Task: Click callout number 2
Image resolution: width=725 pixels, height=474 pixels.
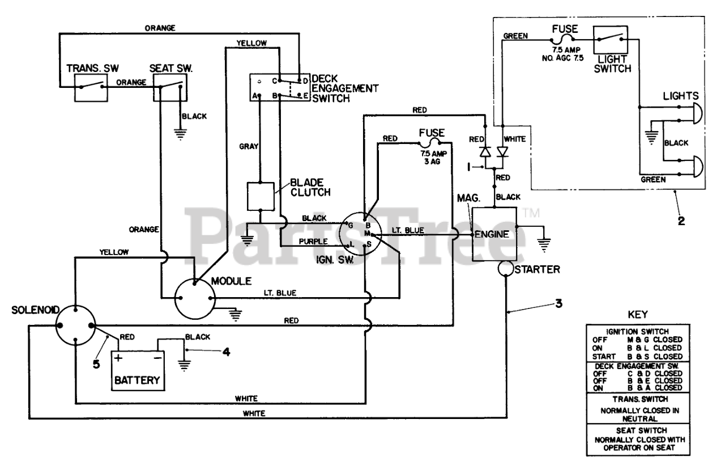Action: pyautogui.click(x=681, y=221)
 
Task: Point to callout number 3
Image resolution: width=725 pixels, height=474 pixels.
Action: pyautogui.click(x=559, y=303)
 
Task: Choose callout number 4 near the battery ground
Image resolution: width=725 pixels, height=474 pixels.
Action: pyautogui.click(x=226, y=352)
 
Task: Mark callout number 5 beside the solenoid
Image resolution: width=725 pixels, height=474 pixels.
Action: pyautogui.click(x=96, y=364)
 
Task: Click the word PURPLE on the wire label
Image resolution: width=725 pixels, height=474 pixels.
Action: pyautogui.click(x=313, y=242)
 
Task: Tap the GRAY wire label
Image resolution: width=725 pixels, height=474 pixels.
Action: pyautogui.click(x=249, y=146)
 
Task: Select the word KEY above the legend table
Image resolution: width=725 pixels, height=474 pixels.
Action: pyautogui.click(x=638, y=315)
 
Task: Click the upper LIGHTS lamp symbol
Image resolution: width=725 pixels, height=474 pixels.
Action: pyautogui.click(x=697, y=113)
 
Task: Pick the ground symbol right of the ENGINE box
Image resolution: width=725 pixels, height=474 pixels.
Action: pyautogui.click(x=544, y=245)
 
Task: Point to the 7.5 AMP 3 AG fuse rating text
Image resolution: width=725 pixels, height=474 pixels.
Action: pyautogui.click(x=433, y=158)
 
